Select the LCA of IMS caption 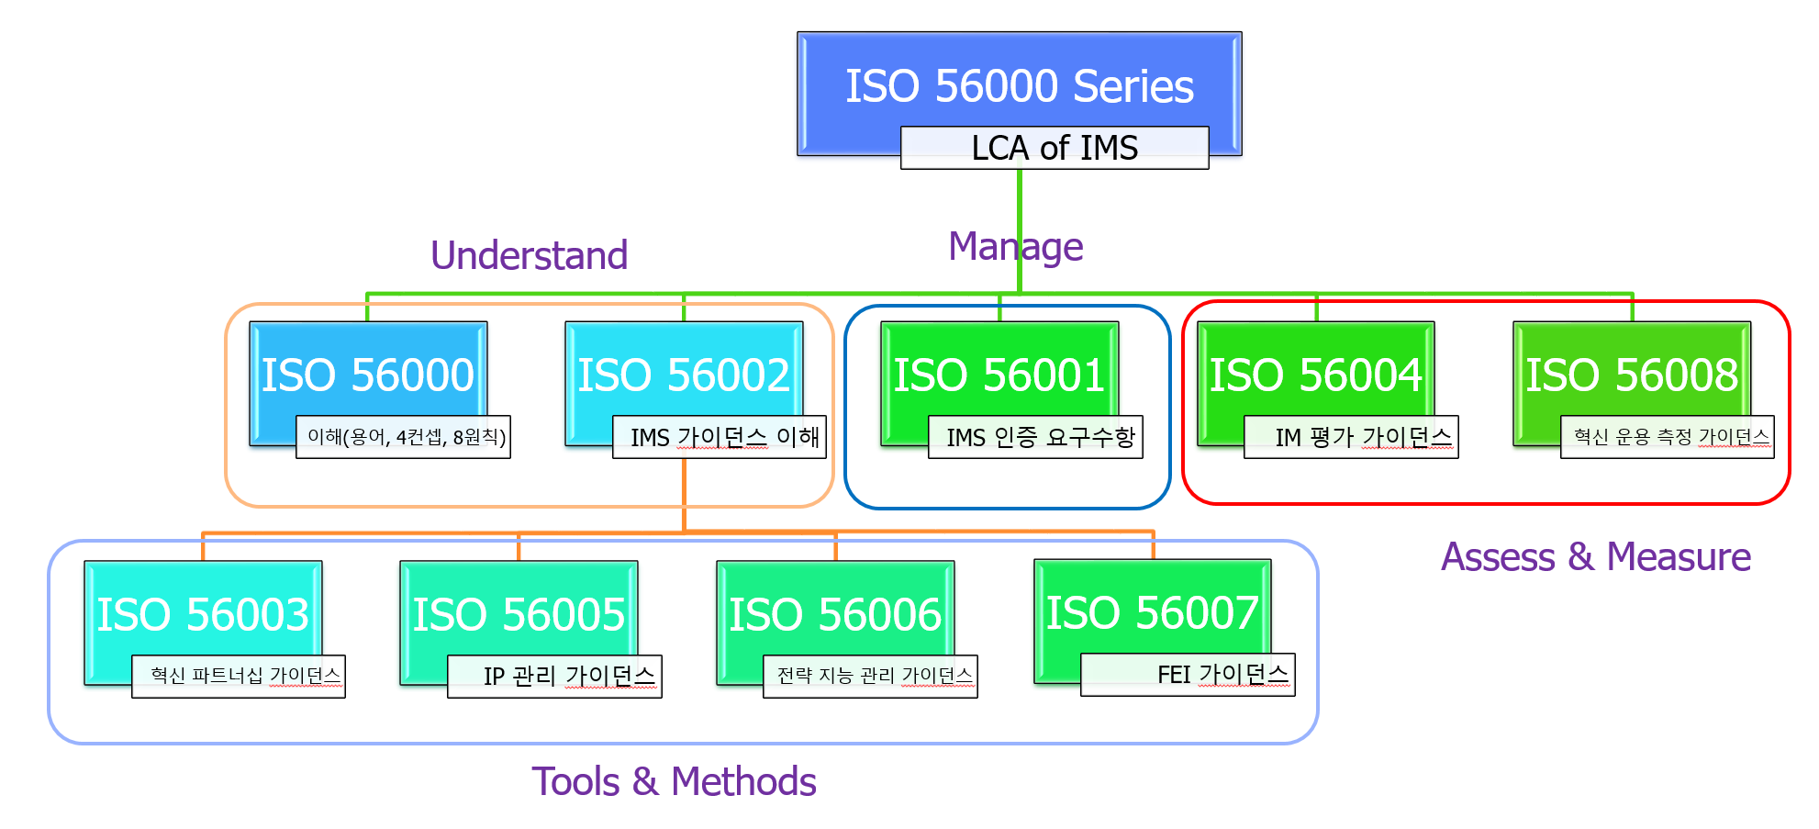point(1055,148)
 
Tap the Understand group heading point(529,255)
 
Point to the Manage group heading point(1015,247)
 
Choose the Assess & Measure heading point(1596,556)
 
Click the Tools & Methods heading point(674,781)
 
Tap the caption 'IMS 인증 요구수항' point(1036,437)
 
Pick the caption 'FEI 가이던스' point(1188,675)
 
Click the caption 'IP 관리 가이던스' point(554,677)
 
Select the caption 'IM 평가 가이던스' point(1351,437)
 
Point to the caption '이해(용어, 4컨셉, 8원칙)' point(403,437)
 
